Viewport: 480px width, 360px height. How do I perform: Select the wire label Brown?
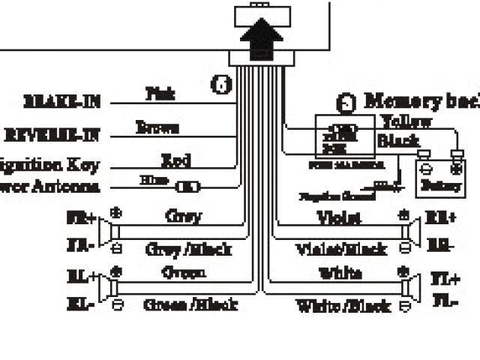point(157,127)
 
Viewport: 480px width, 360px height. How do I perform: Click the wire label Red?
point(175,159)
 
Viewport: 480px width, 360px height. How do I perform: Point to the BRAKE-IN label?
point(63,101)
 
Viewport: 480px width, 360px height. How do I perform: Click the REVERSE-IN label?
point(53,135)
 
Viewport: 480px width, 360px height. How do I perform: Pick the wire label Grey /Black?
point(187,249)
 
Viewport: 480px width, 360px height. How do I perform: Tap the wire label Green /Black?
point(190,304)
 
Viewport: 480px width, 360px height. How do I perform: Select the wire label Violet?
point(338,217)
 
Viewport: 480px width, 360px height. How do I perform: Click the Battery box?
point(441,178)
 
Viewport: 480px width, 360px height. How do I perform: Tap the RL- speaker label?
point(82,304)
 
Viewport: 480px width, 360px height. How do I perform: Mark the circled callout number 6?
point(221,85)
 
